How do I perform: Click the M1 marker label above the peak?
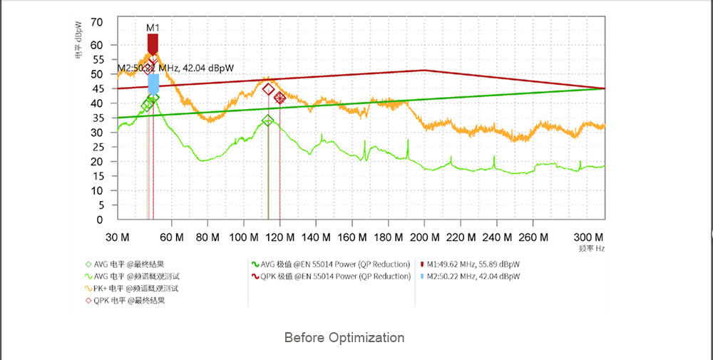click(x=153, y=28)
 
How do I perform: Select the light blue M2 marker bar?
click(x=153, y=83)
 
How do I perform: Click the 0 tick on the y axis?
click(x=101, y=220)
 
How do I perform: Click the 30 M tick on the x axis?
click(x=117, y=237)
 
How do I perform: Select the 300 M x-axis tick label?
click(x=588, y=237)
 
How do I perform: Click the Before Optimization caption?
click(x=344, y=337)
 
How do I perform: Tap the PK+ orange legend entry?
click(x=135, y=288)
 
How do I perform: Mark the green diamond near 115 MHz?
click(x=268, y=120)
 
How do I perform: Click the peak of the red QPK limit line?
click(x=424, y=70)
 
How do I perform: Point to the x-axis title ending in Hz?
click(x=592, y=249)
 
